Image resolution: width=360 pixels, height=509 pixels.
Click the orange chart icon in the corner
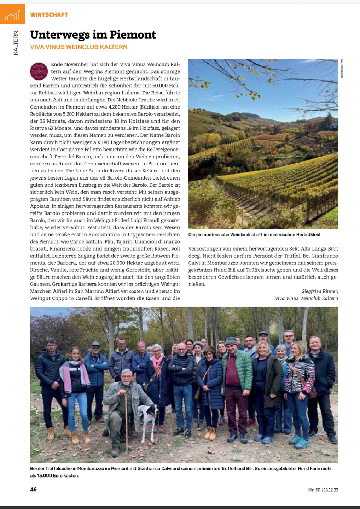pyautogui.click(x=12, y=14)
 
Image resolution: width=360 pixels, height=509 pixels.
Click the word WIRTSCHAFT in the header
pyautogui.click(x=49, y=14)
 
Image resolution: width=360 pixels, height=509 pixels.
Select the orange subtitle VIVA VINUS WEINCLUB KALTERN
pyautogui.click(x=79, y=47)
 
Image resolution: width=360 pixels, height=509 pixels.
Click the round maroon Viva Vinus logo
pyautogui.click(x=39, y=71)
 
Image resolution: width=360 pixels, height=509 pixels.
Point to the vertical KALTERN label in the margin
pyautogui.click(x=16, y=43)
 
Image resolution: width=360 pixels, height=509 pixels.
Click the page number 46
pyautogui.click(x=34, y=489)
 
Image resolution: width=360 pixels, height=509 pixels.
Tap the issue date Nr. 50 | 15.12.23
pyautogui.click(x=323, y=490)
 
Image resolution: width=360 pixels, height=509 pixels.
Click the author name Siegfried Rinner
pyautogui.click(x=320, y=291)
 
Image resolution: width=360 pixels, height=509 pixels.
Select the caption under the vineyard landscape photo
pyautogui.click(x=254, y=234)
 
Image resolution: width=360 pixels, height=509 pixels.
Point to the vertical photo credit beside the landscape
pyautogui.click(x=342, y=68)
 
